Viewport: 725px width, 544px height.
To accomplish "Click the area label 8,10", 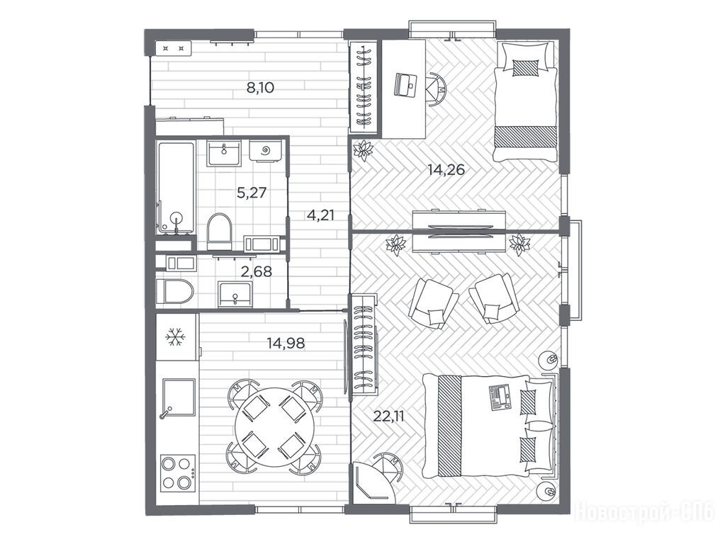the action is tap(260, 87).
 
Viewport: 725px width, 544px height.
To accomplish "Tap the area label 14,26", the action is tap(446, 170).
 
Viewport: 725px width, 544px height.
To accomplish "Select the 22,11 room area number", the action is tap(389, 416).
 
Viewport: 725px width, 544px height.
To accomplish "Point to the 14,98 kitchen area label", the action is tap(286, 344).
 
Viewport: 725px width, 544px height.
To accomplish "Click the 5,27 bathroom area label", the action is tap(252, 192).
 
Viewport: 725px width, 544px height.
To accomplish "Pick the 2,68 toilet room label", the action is tap(257, 271).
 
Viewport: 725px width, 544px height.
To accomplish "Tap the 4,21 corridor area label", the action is tap(320, 215).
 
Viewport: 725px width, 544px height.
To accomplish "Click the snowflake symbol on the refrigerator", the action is tap(176, 337).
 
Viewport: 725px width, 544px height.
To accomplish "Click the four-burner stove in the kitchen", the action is tap(178, 473).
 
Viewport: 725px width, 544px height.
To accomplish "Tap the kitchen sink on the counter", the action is tap(178, 398).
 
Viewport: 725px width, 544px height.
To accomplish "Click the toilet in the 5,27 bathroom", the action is tap(219, 230).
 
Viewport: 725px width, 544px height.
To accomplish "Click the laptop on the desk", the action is tap(405, 85).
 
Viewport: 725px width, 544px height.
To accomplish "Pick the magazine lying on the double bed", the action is tap(500, 397).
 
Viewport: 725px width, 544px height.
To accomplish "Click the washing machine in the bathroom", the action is tap(266, 151).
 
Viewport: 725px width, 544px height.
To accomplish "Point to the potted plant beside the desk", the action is tap(364, 150).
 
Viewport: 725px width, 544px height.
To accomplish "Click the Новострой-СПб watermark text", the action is tap(644, 511).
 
